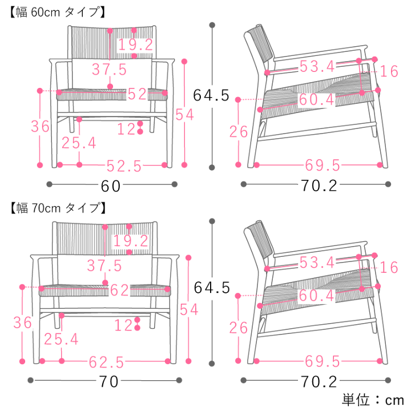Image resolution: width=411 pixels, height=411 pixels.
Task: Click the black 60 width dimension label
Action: [111, 186]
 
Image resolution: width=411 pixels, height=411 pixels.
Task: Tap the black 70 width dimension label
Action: [108, 382]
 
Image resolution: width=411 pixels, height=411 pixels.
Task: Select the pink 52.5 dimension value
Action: [124, 166]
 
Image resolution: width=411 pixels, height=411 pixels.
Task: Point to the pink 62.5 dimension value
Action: [106, 362]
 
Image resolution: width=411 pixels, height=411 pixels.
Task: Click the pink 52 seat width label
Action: [137, 94]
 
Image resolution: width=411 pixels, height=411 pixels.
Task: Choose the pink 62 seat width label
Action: [119, 290]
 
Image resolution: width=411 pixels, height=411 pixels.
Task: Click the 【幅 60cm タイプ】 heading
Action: [57, 12]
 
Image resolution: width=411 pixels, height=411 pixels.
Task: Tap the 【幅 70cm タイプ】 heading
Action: [58, 208]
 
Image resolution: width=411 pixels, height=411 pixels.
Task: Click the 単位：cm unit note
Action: [373, 400]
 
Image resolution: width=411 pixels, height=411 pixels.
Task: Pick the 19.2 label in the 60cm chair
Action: [136, 45]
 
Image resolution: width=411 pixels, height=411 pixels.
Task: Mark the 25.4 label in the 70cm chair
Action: [61, 339]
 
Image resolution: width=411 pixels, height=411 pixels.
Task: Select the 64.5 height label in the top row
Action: [211, 95]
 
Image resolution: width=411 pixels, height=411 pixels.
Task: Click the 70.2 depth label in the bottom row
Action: [319, 382]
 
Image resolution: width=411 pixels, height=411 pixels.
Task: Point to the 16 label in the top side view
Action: [389, 71]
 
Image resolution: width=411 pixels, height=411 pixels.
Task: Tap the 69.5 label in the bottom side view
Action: [323, 362]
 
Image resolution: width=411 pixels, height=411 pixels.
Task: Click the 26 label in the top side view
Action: [239, 132]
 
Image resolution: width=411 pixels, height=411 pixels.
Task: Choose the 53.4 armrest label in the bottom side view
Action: [317, 263]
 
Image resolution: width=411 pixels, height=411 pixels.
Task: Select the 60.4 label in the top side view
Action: [317, 99]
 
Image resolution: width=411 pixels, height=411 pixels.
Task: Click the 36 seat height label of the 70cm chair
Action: [22, 323]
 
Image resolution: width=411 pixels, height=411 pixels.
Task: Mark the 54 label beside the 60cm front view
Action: [184, 115]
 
